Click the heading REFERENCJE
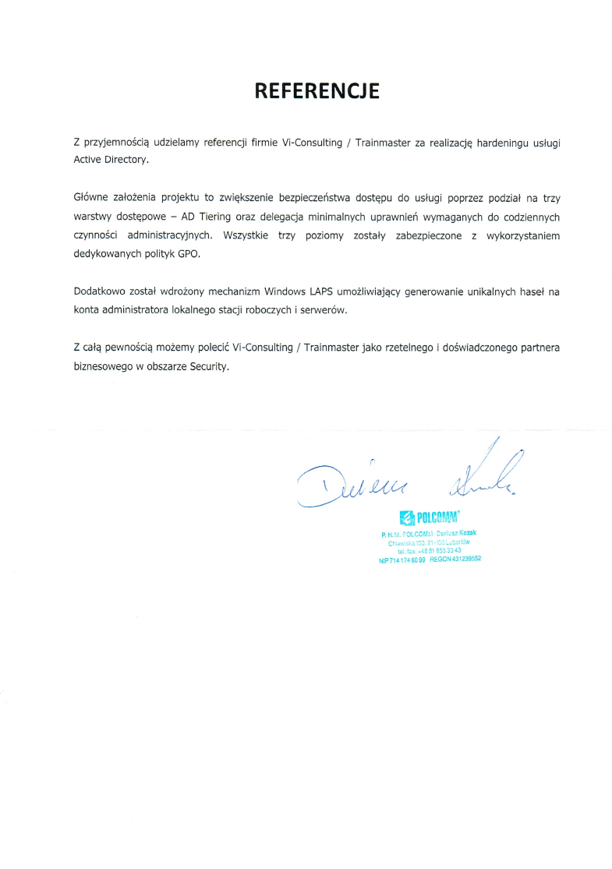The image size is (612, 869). tap(317, 91)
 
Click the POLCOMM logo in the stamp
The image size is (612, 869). tap(428, 518)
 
